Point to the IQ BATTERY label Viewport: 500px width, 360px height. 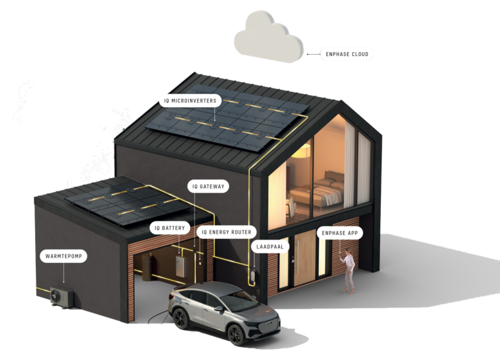pos(171,228)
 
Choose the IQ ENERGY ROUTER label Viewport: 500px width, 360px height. pos(226,232)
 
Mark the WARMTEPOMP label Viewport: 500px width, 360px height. pos(62,255)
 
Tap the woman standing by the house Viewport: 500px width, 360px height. pos(349,270)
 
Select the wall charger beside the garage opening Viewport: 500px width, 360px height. pos(253,276)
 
